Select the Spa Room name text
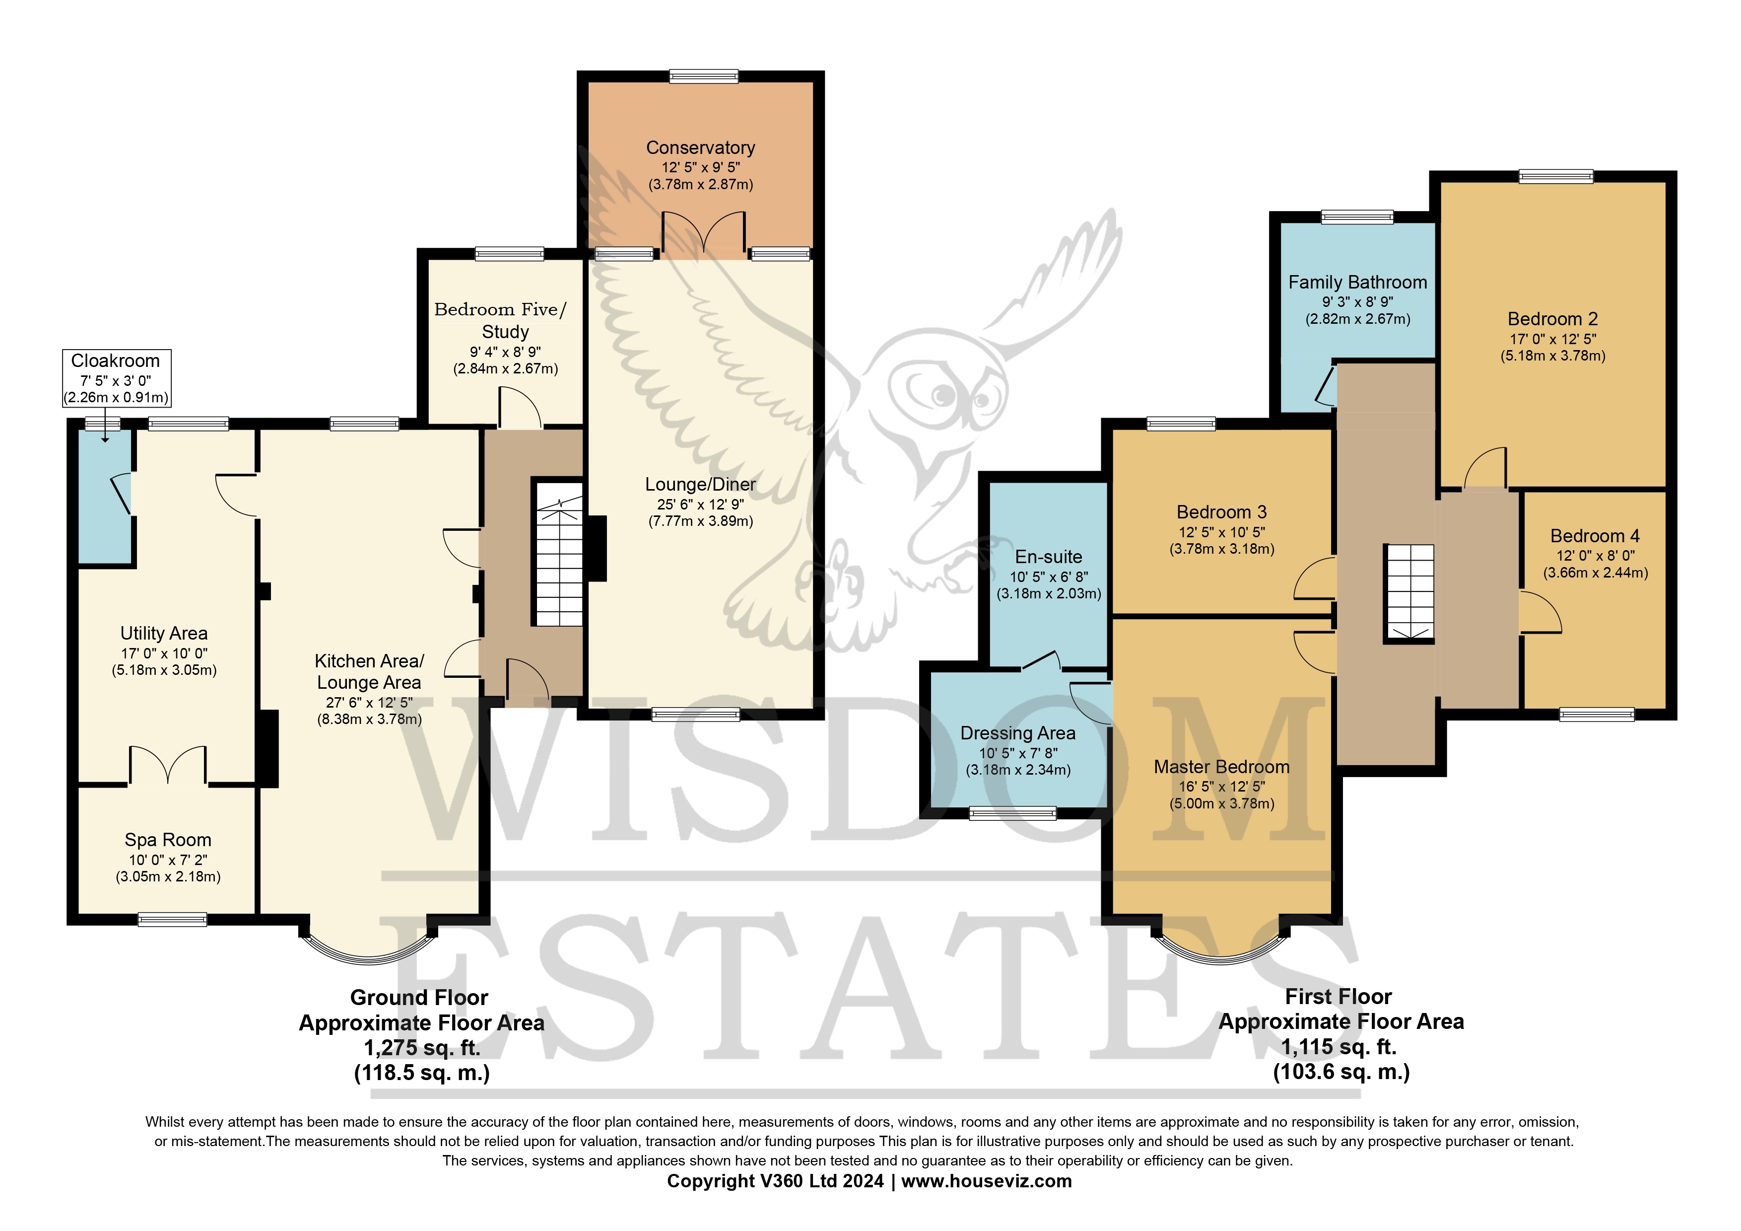168,840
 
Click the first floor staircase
1409,593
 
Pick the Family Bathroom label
1357,282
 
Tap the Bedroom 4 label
1596,536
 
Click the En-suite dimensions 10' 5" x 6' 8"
1049,577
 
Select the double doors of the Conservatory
704,232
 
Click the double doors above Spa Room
168,765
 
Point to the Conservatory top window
704,76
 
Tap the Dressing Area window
1012,814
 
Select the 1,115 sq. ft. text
1339,1047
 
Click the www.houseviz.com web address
987,1181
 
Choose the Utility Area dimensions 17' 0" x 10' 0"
164,653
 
